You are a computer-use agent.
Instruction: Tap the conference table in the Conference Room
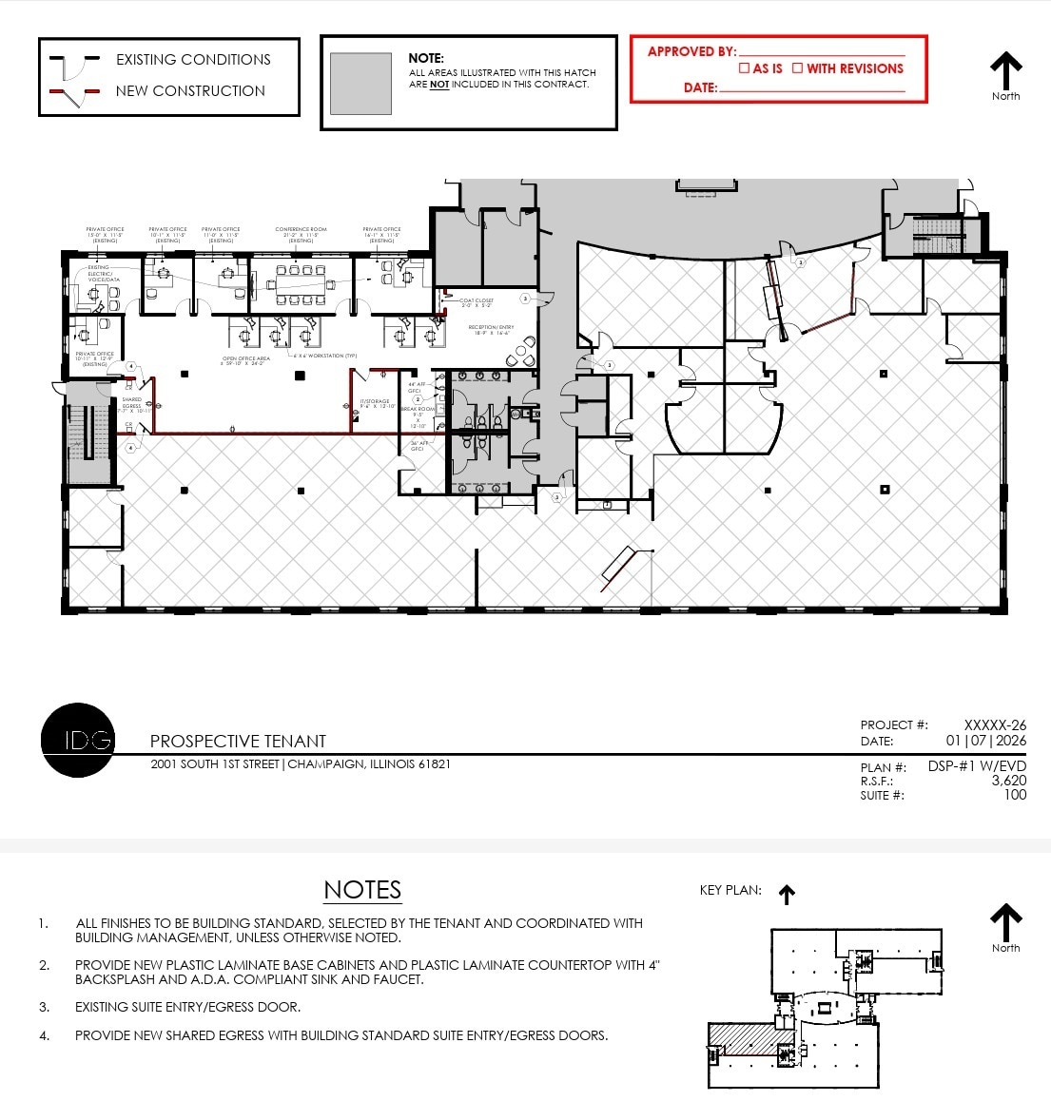tap(301, 277)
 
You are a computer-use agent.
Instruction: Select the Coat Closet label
tap(477, 302)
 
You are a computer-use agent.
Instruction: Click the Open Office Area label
tap(245, 360)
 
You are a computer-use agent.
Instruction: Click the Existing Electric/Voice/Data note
tap(99, 274)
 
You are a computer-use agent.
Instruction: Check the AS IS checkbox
tap(745, 68)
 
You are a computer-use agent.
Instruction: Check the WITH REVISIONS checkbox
tap(797, 68)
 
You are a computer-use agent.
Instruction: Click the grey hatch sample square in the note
tap(360, 84)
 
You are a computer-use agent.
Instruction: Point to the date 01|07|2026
tap(985, 741)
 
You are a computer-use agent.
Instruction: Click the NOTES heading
tap(362, 890)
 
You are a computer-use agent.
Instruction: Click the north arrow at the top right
tap(1005, 71)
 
